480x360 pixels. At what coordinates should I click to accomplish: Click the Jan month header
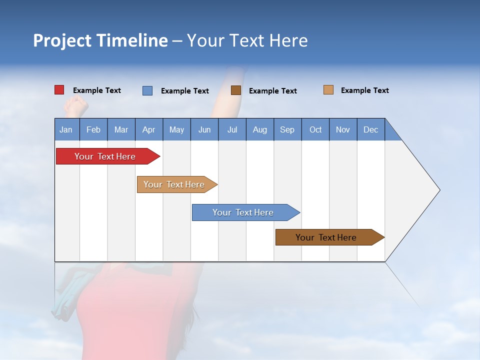(x=66, y=129)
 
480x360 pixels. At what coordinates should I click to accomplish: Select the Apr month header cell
(x=149, y=129)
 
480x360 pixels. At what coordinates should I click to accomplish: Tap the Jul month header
(x=232, y=129)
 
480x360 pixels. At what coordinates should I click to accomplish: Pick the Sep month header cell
(x=287, y=129)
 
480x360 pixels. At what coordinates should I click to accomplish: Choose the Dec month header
(x=370, y=129)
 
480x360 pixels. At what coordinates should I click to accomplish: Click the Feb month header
(x=93, y=129)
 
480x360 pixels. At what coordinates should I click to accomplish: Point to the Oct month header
(x=315, y=129)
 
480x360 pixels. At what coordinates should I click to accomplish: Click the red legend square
(x=59, y=90)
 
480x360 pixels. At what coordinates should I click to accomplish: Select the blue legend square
(x=147, y=90)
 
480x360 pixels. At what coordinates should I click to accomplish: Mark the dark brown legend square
(x=236, y=90)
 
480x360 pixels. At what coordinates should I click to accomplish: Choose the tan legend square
(x=328, y=90)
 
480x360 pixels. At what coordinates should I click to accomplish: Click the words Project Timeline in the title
(x=100, y=40)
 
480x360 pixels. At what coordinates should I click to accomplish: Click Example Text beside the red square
(x=97, y=90)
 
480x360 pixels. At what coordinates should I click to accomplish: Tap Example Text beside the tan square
(x=365, y=90)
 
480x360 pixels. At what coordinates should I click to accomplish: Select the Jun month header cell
(x=204, y=129)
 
